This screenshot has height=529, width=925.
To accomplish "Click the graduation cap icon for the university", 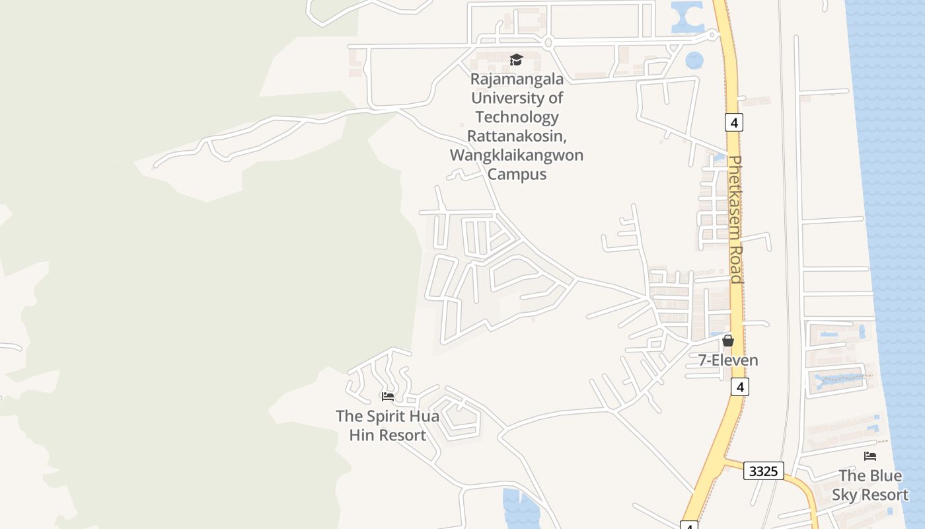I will coord(516,60).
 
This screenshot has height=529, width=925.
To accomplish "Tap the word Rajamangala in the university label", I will coord(517,79).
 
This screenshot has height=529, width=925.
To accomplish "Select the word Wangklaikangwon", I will coord(517,155).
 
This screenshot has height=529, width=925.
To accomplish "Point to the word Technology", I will coord(517,118).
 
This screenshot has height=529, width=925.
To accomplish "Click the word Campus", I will coord(517,175).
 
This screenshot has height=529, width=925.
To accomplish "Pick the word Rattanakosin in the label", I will coord(517,136).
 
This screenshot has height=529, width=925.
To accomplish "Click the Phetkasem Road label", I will coord(736,220).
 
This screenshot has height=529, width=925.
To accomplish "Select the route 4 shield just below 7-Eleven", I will coord(740,387).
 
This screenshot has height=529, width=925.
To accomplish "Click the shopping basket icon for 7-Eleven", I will coord(728,341).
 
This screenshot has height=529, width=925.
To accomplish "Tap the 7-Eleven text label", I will coord(728,360).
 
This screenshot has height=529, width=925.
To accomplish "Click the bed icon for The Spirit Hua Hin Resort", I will coord(388,397).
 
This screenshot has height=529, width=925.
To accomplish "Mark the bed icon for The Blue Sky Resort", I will coord(870,456).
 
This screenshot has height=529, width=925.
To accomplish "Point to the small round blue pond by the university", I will coord(694,60).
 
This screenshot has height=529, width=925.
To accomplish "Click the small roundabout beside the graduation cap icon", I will coord(548,43).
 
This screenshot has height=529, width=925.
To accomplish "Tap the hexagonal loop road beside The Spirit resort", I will coord(457,418).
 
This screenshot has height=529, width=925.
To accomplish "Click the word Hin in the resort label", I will coord(361,436).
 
